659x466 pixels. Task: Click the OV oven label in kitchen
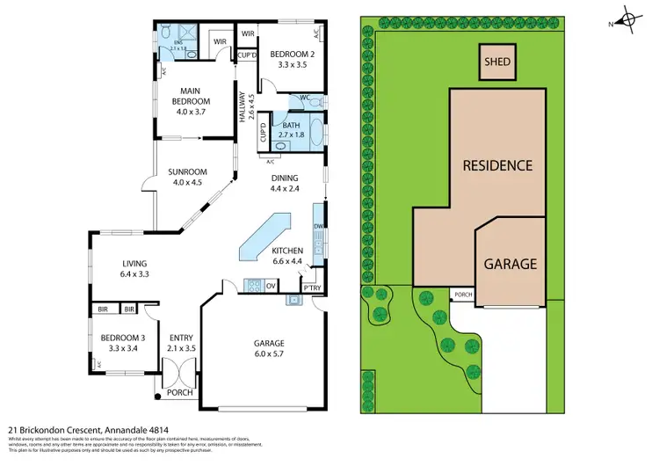271,286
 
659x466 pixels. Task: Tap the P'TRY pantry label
311,288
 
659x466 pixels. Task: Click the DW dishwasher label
318,227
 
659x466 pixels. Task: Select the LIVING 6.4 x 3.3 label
135,268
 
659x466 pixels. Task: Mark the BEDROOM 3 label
121,343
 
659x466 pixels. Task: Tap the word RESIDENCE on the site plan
497,165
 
